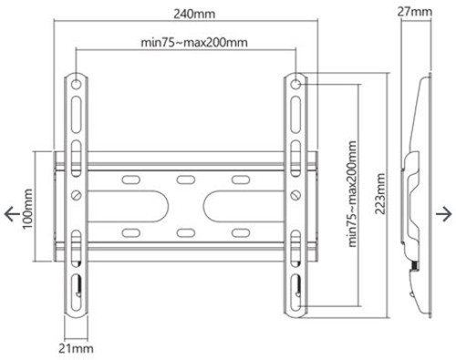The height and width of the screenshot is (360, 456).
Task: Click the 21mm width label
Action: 78,346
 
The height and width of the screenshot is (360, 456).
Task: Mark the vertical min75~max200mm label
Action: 352,194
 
